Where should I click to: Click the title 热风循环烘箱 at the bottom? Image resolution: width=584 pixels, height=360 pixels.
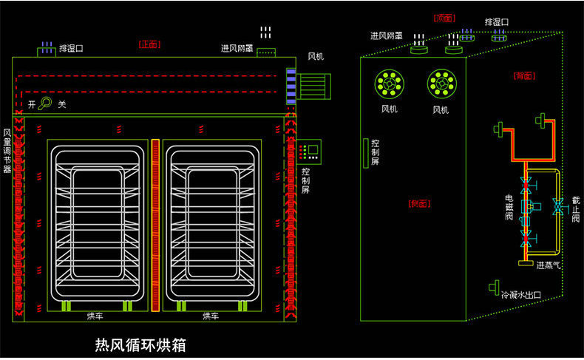(140, 344)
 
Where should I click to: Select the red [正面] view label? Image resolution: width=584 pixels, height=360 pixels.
(149, 44)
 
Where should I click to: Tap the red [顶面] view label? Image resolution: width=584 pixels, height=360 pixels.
(444, 18)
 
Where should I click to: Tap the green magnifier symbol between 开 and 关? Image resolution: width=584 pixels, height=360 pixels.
(46, 104)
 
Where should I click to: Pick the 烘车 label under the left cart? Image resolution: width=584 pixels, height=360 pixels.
(95, 316)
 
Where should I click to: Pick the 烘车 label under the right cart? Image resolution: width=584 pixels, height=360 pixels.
(211, 316)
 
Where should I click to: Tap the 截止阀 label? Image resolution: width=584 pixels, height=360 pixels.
(576, 208)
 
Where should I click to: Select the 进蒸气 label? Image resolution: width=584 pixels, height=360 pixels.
(549, 265)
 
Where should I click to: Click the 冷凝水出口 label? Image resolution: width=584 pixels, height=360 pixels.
(522, 294)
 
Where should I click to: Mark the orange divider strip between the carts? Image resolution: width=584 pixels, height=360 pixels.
(156, 225)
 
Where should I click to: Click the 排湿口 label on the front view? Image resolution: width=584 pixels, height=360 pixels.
(71, 49)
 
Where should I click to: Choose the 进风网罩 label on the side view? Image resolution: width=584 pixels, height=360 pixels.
(386, 35)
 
